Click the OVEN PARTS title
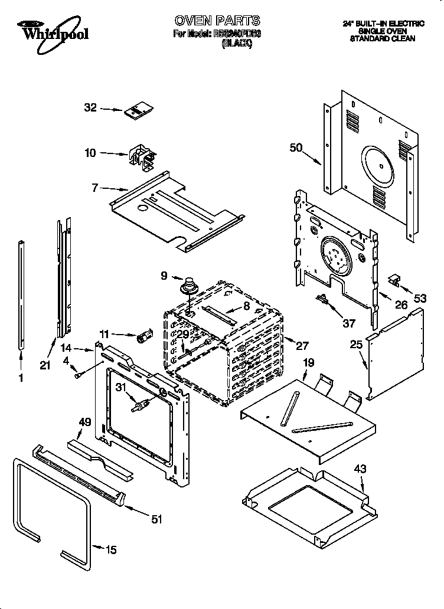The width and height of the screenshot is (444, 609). [217, 22]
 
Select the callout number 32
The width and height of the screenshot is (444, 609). [90, 107]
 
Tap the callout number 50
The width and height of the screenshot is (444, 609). [296, 148]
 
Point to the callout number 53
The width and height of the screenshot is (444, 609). [420, 299]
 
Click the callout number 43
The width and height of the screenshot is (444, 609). [360, 469]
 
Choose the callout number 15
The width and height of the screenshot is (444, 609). [110, 550]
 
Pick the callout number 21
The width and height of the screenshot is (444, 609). [45, 365]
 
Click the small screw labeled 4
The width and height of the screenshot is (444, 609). [78, 374]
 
